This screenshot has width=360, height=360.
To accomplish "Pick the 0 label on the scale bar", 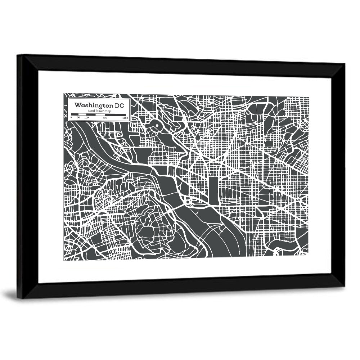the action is pyautogui.click(x=71, y=118).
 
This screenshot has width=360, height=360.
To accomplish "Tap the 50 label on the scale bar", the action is pyautogui.click(x=78, y=118).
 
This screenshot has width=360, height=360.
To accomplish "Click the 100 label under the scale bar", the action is pyautogui.click(x=86, y=118).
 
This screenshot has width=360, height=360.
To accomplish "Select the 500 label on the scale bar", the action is pyautogui.click(x=105, y=118).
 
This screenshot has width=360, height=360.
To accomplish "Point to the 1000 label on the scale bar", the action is pyautogui.click(x=125, y=118).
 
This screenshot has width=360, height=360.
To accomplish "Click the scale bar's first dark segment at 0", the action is pyautogui.click(x=75, y=114).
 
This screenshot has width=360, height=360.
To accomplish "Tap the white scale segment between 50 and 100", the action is pyautogui.click(x=82, y=114).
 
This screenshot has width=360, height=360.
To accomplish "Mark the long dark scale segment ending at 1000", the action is pyautogui.click(x=115, y=114).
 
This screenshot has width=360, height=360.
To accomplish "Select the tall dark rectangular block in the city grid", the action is pyautogui.click(x=214, y=191).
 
